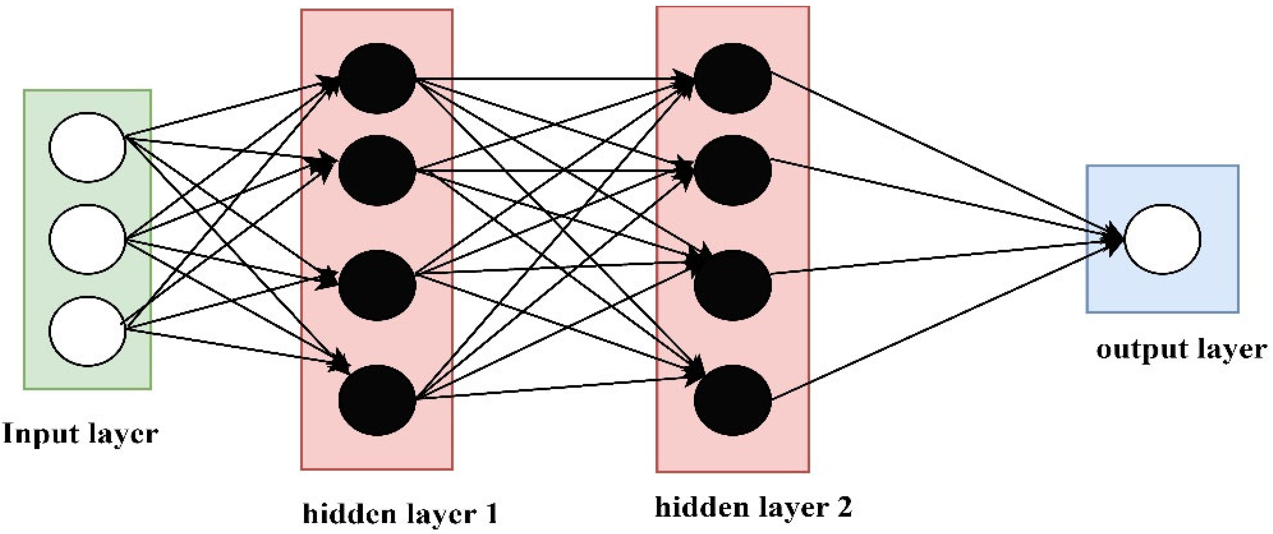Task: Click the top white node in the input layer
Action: (87, 147)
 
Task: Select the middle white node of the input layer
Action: (87, 239)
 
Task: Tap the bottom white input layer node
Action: (87, 331)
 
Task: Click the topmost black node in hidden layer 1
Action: (377, 78)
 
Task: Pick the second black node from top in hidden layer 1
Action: (377, 170)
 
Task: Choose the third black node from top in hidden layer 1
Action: (377, 285)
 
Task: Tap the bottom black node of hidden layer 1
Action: (377, 400)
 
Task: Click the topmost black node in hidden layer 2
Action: (732, 78)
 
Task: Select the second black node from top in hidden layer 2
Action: (732, 170)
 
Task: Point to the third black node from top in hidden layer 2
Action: (732, 285)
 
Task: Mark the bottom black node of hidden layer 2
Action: (732, 400)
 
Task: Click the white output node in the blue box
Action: (1162, 239)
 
